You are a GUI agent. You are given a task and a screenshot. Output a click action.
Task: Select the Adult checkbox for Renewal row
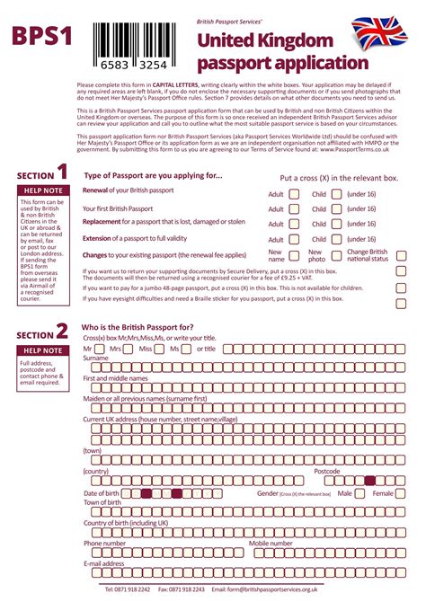point(293,193)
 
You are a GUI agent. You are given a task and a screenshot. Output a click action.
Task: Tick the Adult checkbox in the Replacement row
point(293,224)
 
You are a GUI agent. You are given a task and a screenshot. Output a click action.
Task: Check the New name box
point(293,256)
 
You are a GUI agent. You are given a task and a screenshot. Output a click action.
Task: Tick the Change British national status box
point(401,255)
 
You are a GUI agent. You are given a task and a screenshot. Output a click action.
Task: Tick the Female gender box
point(401,493)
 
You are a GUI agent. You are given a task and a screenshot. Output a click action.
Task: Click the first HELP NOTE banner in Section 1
point(42,190)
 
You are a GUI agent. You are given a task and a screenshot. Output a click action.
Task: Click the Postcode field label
point(326,471)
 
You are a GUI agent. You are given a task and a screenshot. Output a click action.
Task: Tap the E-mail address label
point(103,563)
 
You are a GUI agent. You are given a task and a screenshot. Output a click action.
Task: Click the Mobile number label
point(271,543)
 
